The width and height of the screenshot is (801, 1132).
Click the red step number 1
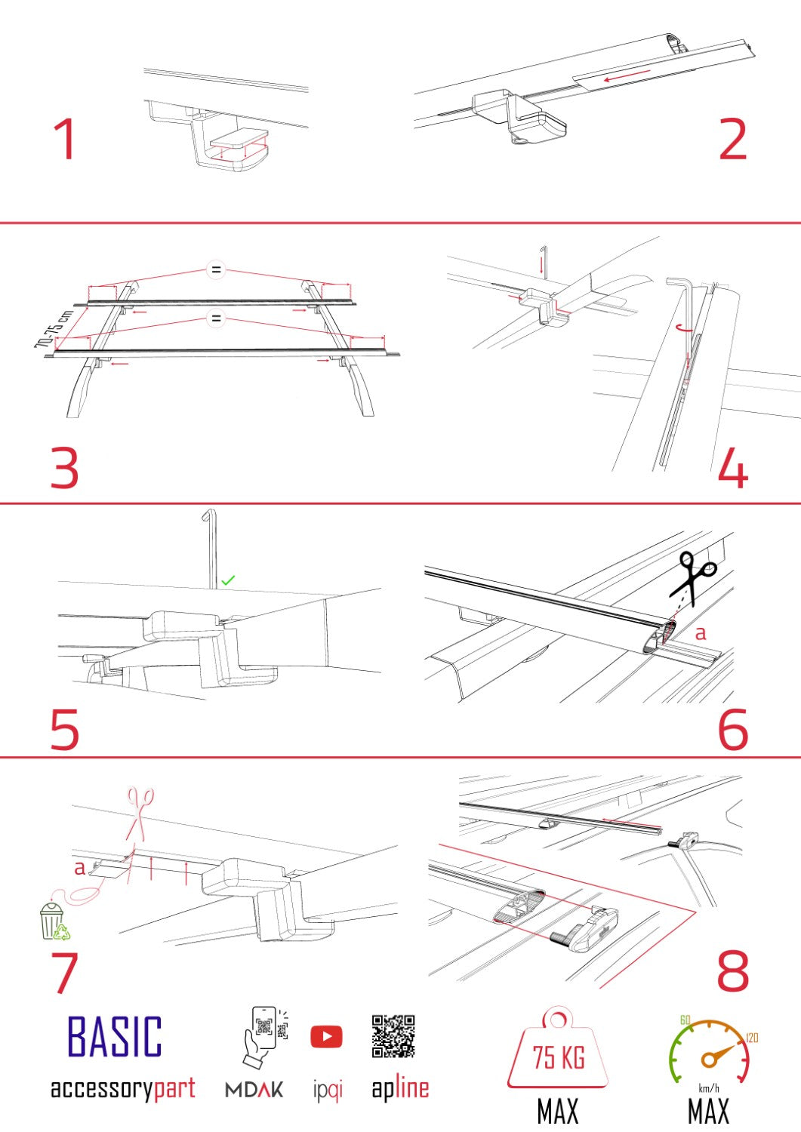[65, 140]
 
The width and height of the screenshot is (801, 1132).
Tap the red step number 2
[732, 140]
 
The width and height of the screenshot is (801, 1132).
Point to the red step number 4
[732, 468]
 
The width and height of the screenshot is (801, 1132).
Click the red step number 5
[65, 729]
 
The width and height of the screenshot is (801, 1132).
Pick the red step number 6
[732, 729]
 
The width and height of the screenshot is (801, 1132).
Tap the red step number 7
[65, 972]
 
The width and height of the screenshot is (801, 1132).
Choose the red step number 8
[732, 972]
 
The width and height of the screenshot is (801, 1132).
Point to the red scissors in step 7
[139, 811]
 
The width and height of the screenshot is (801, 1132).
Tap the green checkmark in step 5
[228, 580]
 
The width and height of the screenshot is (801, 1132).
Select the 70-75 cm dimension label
[53, 329]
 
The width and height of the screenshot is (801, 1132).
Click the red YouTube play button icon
[326, 1037]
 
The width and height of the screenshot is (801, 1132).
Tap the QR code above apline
[393, 1036]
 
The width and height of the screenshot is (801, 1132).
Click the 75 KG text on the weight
[559, 1058]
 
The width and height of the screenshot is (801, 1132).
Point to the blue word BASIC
[115, 1037]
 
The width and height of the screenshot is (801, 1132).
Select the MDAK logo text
[254, 1090]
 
